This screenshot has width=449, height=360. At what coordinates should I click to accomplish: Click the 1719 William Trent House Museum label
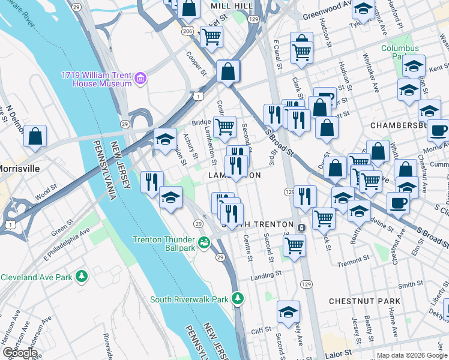pos(96,79)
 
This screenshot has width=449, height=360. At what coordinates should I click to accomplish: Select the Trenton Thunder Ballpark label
pos(164,244)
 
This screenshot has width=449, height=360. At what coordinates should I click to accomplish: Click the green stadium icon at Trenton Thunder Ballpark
pos(204,242)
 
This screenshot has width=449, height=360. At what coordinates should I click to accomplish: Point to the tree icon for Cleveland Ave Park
pos(80,277)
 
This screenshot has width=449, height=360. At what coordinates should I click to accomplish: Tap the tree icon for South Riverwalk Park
pos(238,298)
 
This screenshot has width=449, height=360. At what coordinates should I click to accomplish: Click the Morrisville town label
pos(20,169)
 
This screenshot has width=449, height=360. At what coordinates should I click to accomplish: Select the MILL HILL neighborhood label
pos(231,5)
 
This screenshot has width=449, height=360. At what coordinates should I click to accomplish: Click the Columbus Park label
pos(399,52)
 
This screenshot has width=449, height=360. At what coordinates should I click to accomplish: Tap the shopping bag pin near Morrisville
pos(35,136)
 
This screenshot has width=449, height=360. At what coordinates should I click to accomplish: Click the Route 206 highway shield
pos(187,29)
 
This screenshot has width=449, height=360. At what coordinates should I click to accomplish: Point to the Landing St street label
pos(266,275)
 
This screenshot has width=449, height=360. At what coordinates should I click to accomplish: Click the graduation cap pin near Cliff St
pos(288,312)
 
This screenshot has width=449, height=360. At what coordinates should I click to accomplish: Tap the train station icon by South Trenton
pos(300,227)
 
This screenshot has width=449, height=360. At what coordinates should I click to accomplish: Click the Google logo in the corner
pos(19,353)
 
